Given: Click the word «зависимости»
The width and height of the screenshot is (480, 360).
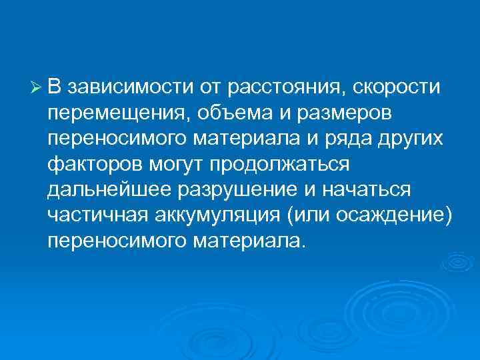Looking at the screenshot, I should click(x=123, y=87).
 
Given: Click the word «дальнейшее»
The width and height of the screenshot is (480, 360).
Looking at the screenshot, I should click(x=108, y=189).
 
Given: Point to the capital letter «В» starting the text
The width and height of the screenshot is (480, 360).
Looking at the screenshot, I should click(x=55, y=87).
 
